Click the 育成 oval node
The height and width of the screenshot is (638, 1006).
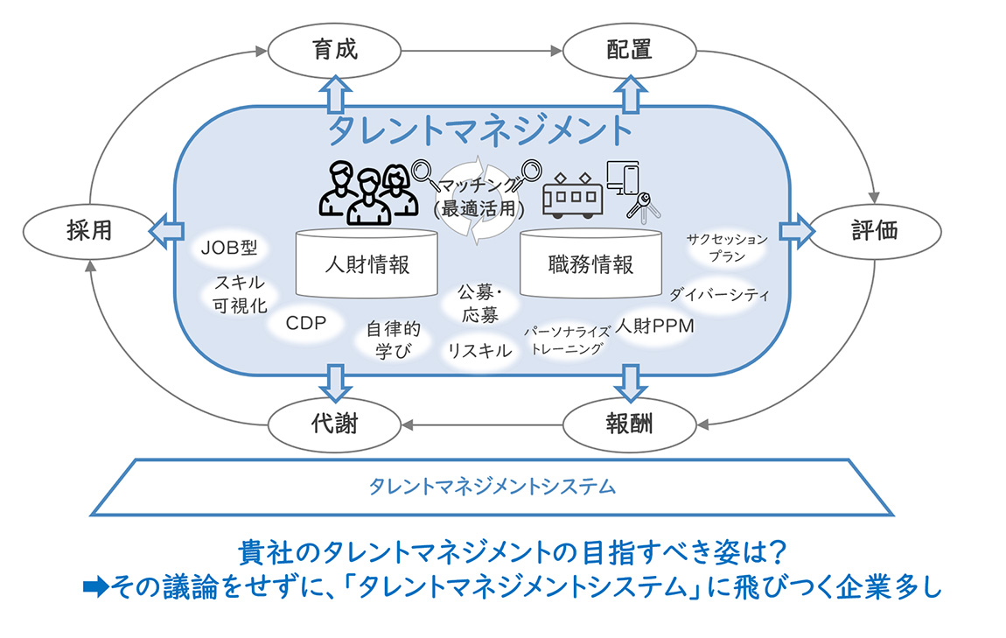click(334, 51)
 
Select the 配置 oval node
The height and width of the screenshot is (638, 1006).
click(629, 51)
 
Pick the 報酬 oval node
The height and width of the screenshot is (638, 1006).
click(629, 425)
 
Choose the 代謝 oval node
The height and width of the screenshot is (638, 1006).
click(334, 425)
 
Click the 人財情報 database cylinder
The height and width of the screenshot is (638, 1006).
click(367, 263)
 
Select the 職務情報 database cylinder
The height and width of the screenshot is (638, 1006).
click(590, 263)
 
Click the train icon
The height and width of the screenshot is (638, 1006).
click(572, 195)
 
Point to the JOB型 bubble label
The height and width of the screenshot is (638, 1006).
click(229, 248)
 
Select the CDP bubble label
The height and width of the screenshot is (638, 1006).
click(306, 323)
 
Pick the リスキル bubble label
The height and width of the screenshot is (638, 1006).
click(480, 350)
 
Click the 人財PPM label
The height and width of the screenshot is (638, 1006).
click(655, 326)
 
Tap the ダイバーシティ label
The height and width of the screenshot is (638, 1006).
click(719, 295)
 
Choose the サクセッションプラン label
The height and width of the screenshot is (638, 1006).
click(727, 248)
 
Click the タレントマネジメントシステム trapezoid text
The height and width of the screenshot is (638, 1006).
click(493, 487)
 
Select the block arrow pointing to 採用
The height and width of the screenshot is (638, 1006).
click(166, 231)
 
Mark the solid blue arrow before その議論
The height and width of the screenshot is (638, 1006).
click(96, 587)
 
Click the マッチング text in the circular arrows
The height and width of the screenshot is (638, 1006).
click(479, 186)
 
